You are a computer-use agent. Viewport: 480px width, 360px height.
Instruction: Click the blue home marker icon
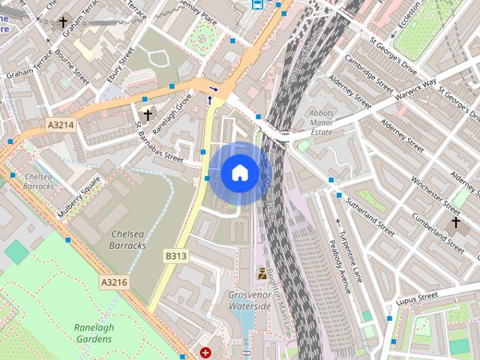click(239, 173)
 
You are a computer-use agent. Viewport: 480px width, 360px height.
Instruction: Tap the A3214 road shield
click(59, 125)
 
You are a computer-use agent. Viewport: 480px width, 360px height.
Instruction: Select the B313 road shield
click(175, 256)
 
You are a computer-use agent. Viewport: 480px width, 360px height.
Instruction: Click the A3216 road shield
click(114, 282)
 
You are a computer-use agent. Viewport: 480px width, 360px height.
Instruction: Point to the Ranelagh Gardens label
click(93, 333)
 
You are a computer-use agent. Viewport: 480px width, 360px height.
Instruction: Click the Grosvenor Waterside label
click(250, 301)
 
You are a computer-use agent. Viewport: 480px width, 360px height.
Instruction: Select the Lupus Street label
click(417, 298)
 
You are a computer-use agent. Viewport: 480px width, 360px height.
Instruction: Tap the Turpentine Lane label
click(350, 255)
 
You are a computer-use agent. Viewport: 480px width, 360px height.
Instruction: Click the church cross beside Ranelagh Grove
click(147, 115)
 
